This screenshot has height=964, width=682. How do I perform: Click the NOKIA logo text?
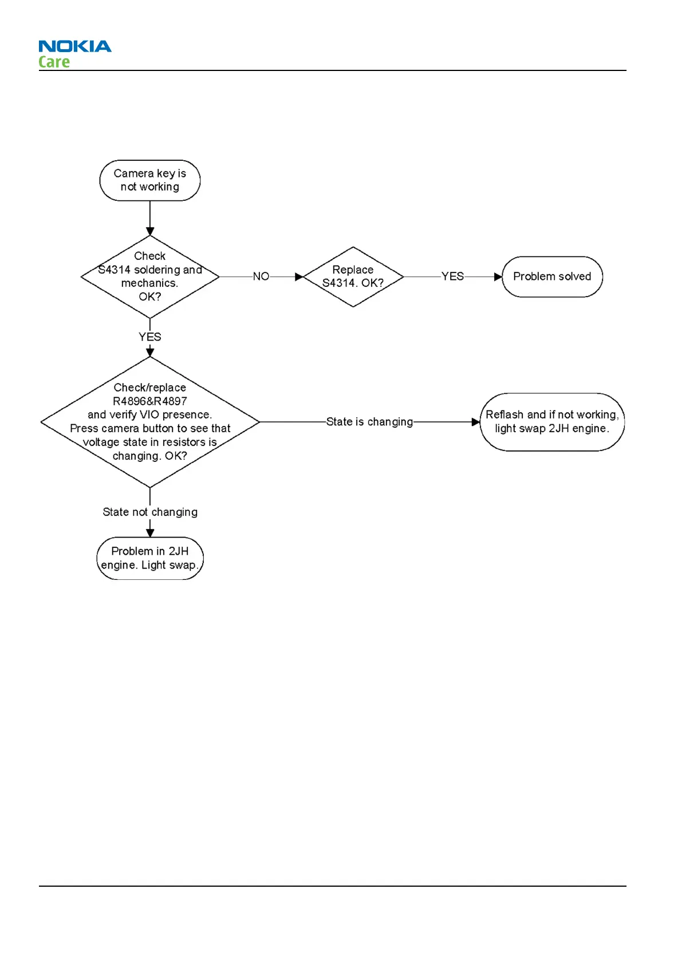[x=75, y=46]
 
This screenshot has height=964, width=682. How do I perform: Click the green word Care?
[x=54, y=62]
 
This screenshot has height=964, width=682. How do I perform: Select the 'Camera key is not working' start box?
[x=150, y=180]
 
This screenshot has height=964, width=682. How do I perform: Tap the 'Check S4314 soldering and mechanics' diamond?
[x=150, y=276]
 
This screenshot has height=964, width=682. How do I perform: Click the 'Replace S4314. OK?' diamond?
[x=353, y=276]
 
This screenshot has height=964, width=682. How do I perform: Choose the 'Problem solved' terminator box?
[x=552, y=276]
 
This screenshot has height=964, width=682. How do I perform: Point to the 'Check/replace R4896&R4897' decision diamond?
[x=150, y=422]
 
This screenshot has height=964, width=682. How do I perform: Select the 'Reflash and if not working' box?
[x=552, y=422]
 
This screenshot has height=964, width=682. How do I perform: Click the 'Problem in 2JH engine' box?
[x=150, y=558]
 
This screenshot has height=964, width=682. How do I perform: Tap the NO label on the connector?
[x=261, y=276]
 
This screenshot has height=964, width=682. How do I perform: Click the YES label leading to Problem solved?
[x=452, y=276]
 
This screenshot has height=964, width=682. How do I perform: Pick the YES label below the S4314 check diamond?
[x=150, y=337]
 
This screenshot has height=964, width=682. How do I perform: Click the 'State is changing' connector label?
[x=369, y=422]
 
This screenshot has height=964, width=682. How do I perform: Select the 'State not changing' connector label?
[x=150, y=512]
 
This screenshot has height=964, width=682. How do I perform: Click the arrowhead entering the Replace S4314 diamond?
[x=299, y=277]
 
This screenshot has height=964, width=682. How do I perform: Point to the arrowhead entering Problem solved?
[x=498, y=277]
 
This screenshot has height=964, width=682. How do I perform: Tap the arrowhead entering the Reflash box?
[x=476, y=422]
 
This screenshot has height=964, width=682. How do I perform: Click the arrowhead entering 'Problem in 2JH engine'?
[x=150, y=533]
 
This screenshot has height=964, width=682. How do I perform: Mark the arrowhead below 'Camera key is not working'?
[x=150, y=232]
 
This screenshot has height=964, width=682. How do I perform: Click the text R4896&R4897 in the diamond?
[x=150, y=401]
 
